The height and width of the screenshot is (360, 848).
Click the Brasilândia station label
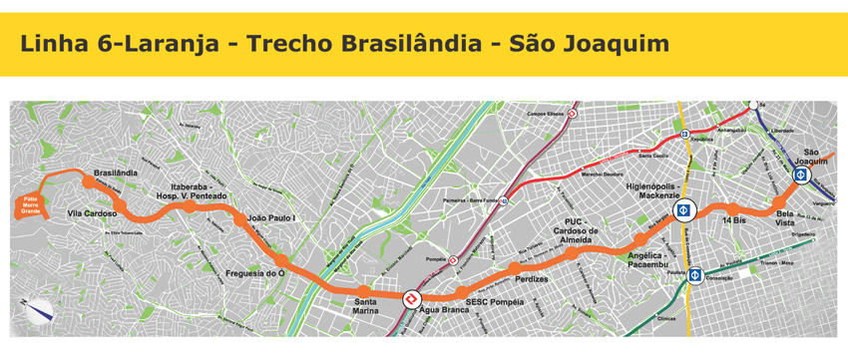click(115, 173)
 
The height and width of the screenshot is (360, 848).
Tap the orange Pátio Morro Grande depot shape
click(31, 205)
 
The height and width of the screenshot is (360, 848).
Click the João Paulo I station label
click(272, 217)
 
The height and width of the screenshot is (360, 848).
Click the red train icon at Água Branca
click(410, 299)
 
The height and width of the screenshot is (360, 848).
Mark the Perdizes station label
click(532, 280)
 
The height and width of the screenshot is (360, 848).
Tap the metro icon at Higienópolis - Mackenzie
click(683, 210)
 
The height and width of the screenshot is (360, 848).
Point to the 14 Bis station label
click(733, 218)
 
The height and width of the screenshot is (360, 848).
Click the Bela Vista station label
click(791, 219)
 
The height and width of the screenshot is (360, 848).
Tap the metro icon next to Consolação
click(695, 275)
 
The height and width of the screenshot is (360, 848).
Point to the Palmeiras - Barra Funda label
click(469, 199)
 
